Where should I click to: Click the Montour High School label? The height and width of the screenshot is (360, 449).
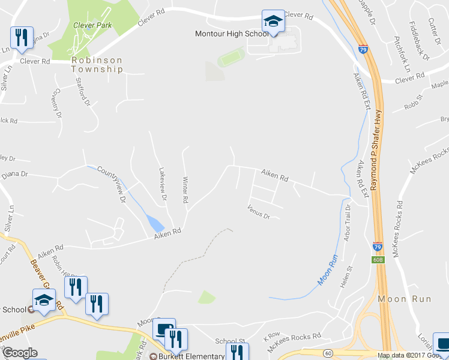[232, 34]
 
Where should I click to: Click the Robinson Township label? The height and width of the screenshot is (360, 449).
[97, 65]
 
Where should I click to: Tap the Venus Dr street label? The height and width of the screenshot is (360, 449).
[259, 211]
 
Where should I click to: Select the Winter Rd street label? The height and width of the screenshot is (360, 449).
[185, 190]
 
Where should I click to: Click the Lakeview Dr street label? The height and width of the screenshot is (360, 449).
[162, 184]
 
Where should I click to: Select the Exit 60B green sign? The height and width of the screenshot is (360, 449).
[378, 260]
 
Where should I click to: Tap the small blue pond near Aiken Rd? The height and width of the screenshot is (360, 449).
[155, 224]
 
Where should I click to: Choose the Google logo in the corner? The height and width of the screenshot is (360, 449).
[20, 353]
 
